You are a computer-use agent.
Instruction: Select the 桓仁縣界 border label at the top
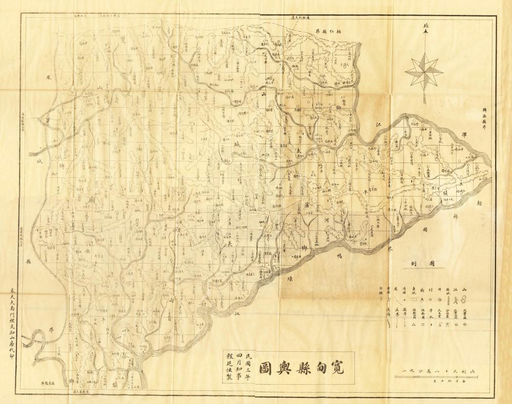(x=328, y=32)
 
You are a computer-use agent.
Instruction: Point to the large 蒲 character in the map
(x=306, y=204)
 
